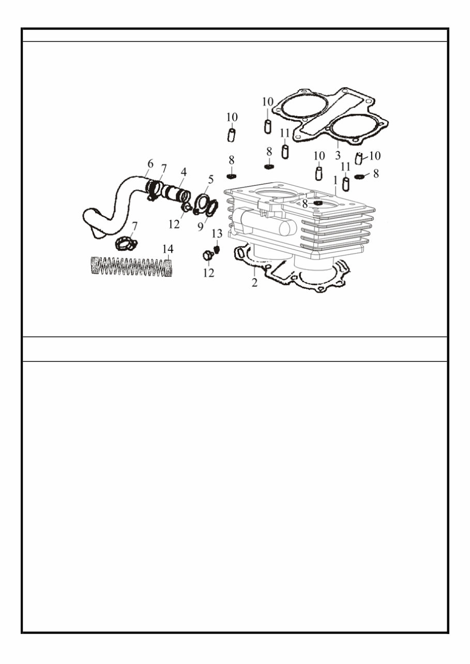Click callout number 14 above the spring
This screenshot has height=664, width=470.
(x=168, y=249)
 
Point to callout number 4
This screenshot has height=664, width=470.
(x=184, y=171)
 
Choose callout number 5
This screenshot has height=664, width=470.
(x=210, y=180)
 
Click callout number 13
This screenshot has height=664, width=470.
(x=217, y=233)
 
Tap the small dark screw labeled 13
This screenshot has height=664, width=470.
(x=217, y=249)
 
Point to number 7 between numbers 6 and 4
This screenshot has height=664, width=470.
(x=164, y=168)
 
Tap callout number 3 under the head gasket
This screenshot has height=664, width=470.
(x=337, y=155)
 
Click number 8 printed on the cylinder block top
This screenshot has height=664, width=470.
(x=305, y=204)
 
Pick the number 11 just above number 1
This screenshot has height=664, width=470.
(x=345, y=167)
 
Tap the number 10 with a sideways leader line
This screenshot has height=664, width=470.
(x=375, y=155)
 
